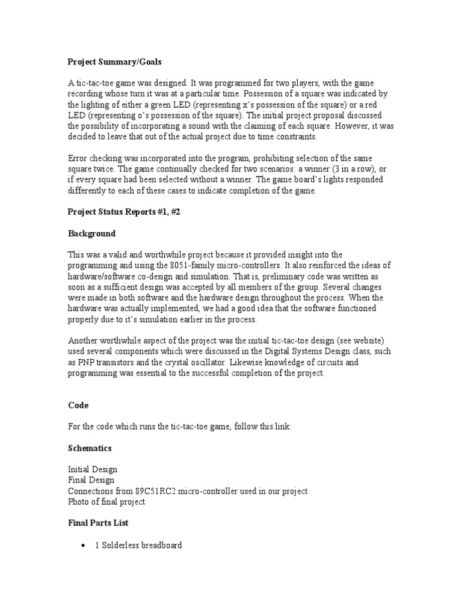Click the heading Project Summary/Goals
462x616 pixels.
click(114, 62)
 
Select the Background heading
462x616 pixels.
click(91, 233)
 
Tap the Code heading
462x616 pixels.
click(78, 406)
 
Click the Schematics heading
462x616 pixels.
click(90, 448)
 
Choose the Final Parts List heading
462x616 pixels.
click(98, 523)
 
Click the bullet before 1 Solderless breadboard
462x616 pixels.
click(83, 546)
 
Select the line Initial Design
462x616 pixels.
click(93, 469)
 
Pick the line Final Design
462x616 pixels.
click(91, 480)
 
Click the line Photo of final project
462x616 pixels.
click(106, 502)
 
